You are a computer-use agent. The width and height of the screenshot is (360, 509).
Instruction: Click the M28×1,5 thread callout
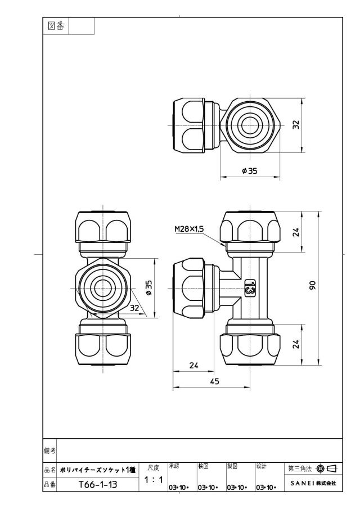(189, 229)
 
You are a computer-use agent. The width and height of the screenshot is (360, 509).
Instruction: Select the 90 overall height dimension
(312, 285)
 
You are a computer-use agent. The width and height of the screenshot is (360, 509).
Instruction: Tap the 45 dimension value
(214, 381)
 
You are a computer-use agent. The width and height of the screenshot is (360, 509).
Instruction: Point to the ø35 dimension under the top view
(249, 171)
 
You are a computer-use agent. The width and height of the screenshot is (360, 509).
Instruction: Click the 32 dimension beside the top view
(296, 125)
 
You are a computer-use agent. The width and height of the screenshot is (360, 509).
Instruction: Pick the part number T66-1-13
(98, 485)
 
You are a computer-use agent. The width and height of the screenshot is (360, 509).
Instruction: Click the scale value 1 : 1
(154, 480)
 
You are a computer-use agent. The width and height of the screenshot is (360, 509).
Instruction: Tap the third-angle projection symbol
(327, 469)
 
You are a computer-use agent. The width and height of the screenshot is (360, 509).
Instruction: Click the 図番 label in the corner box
(56, 26)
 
